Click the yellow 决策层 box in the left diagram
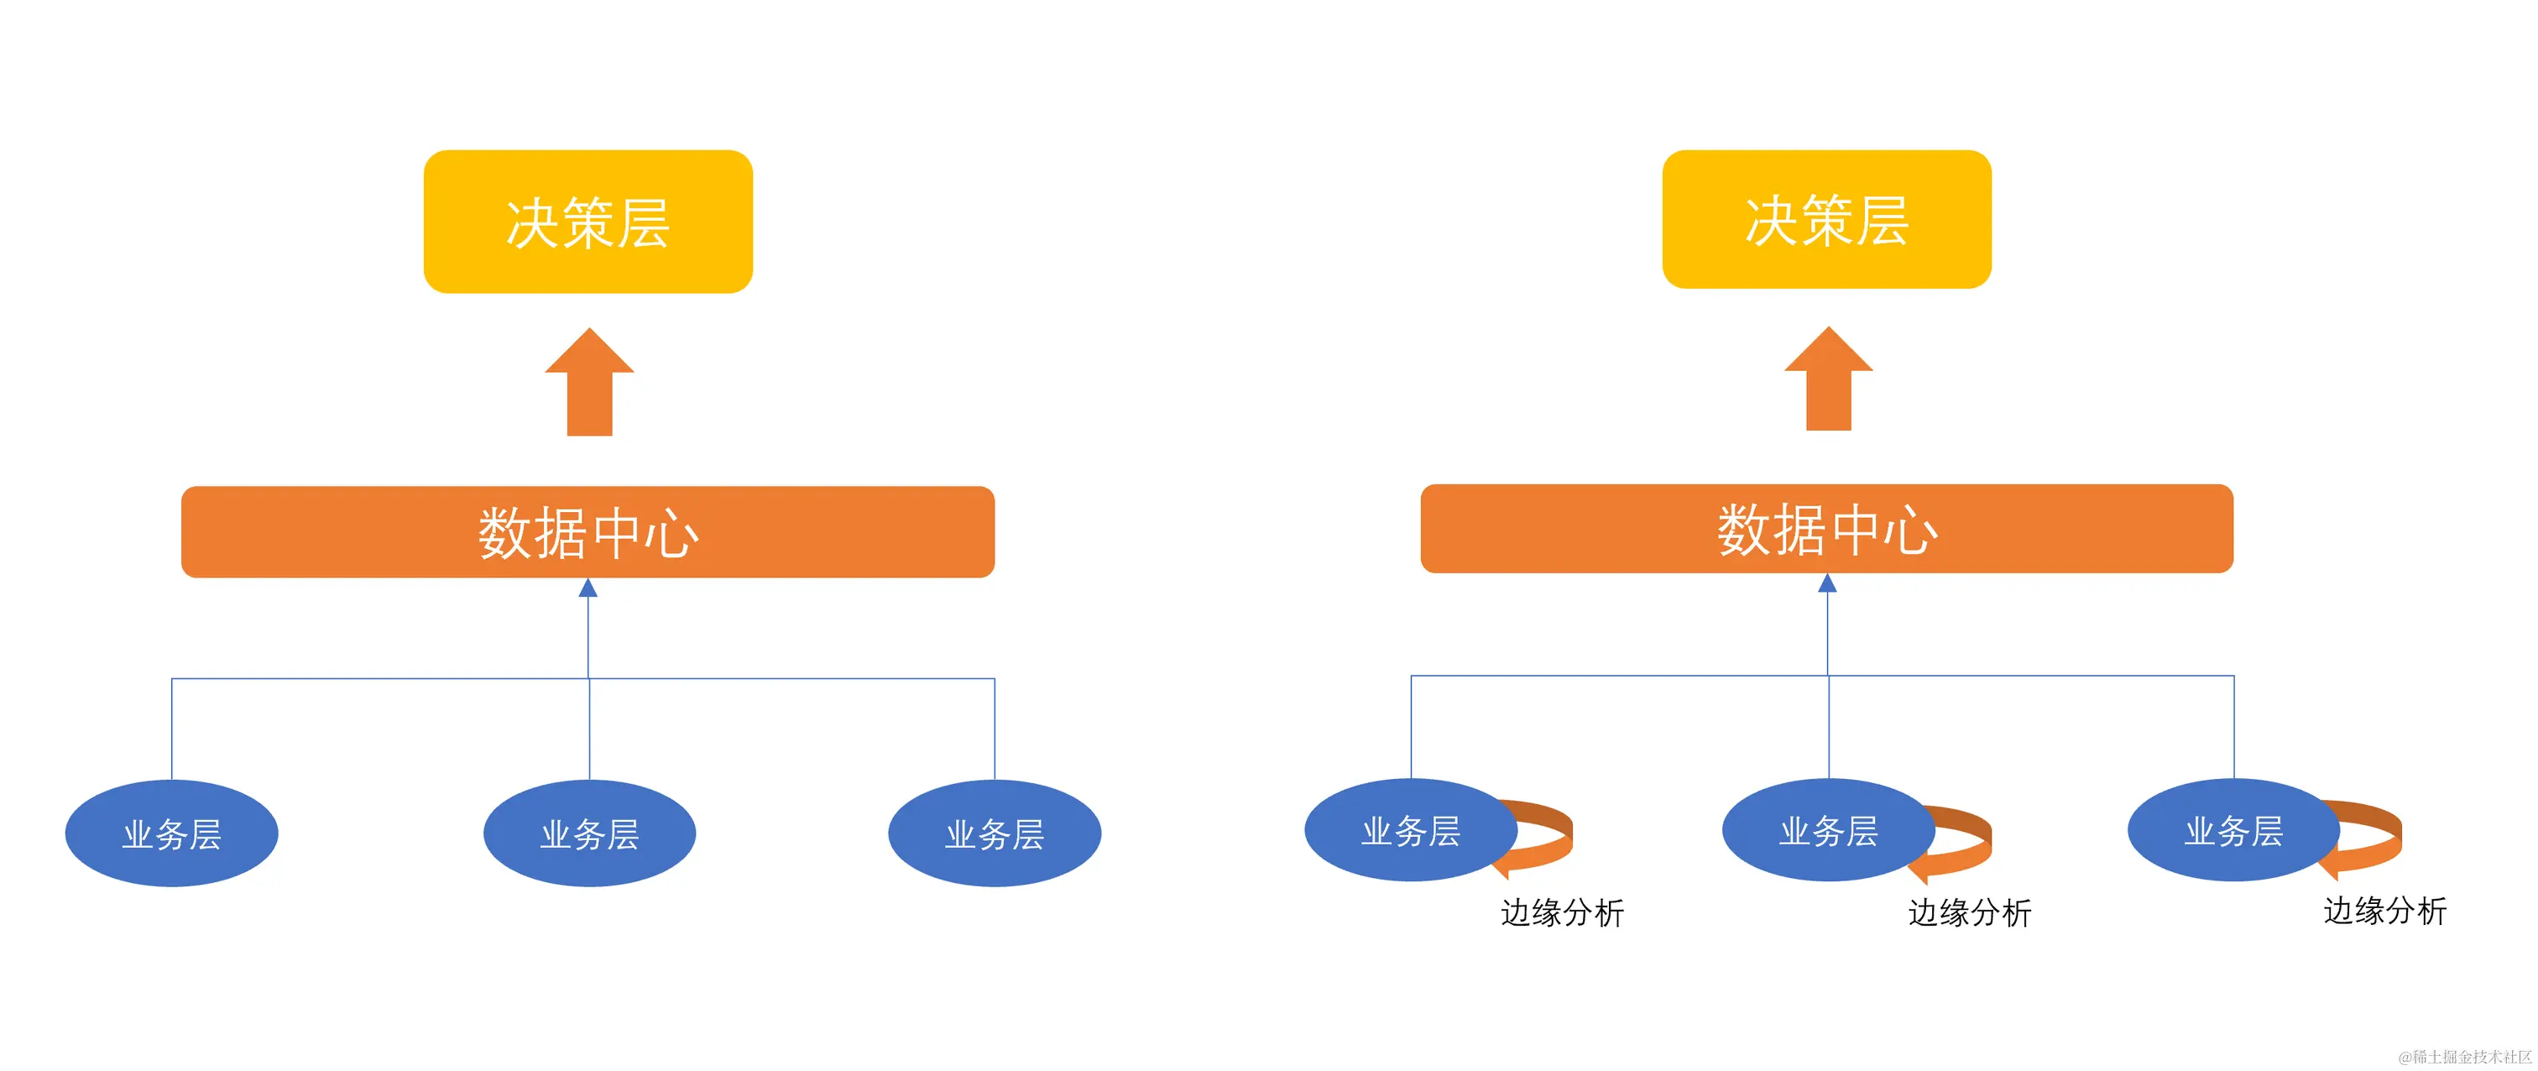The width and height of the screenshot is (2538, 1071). (x=588, y=222)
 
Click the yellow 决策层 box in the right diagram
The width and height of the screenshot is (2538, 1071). (x=1826, y=219)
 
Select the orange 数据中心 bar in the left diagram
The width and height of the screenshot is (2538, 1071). (x=588, y=532)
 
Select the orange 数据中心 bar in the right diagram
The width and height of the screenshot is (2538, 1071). (x=1826, y=528)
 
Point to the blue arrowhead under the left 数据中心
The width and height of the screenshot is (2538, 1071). (x=588, y=588)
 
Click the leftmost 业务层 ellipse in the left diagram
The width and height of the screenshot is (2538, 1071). (x=171, y=833)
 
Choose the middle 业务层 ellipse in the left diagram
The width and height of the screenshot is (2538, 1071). (x=589, y=833)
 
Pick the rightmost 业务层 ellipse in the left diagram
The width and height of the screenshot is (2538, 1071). (x=994, y=833)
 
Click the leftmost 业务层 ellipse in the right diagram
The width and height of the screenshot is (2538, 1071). (x=1410, y=829)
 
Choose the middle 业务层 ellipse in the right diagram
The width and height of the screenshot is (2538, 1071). (x=1828, y=829)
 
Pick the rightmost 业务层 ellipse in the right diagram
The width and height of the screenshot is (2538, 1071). (x=2232, y=829)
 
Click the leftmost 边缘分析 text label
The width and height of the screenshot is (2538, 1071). (x=1562, y=912)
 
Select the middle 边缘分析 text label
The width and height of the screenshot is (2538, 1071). (x=1970, y=912)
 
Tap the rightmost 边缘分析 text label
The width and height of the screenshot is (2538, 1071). (x=2384, y=911)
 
